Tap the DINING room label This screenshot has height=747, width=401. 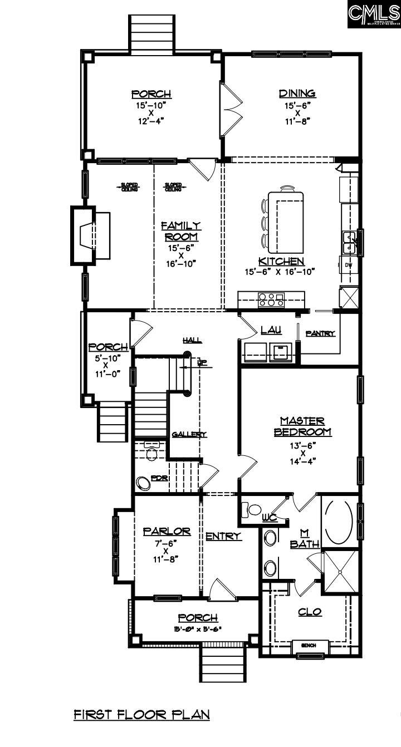coord(297,94)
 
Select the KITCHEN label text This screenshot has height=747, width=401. coord(281,262)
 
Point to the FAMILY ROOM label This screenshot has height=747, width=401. coord(180,231)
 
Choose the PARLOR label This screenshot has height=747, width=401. coord(167,532)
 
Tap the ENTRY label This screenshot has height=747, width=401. coord(223,536)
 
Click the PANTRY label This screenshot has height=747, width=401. coord(320,333)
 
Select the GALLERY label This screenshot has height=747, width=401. coord(189,434)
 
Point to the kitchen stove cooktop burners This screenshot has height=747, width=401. coord(271,300)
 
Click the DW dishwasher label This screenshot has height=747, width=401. coord(348,264)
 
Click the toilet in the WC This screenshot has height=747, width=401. coord(254,509)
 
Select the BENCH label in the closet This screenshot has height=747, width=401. coord(309,645)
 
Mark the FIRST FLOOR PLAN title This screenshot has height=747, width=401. coord(141,714)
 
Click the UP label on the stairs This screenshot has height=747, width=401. coord(202,363)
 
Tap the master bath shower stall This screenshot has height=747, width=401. coord(341,570)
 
